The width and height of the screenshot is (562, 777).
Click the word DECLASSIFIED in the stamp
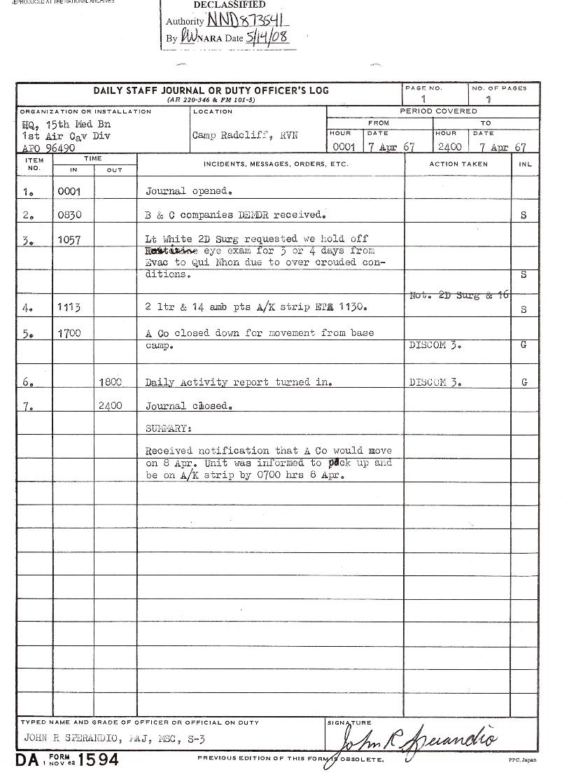pyautogui.click(x=219, y=5)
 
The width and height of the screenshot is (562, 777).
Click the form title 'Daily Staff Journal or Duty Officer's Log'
pyautogui.click(x=211, y=91)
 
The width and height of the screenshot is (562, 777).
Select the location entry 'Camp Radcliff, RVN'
pyautogui.click(x=245, y=136)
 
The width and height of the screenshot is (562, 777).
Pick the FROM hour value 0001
pyautogui.click(x=344, y=148)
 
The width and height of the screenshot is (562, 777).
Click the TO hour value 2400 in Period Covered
pyautogui.click(x=449, y=148)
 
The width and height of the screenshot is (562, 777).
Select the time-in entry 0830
pyautogui.click(x=69, y=216)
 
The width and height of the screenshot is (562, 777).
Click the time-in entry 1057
pyautogui.click(x=69, y=240)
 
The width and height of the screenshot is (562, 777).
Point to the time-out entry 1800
pyautogui.click(x=111, y=382)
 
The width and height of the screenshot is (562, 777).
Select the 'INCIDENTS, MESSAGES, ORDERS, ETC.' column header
pyautogui.click(x=275, y=164)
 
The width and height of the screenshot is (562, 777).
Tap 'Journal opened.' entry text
pyautogui.click(x=189, y=191)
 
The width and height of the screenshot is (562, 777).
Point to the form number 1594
pyautogui.click(x=93, y=760)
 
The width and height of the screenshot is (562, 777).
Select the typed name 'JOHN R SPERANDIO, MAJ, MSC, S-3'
pyautogui.click(x=115, y=738)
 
